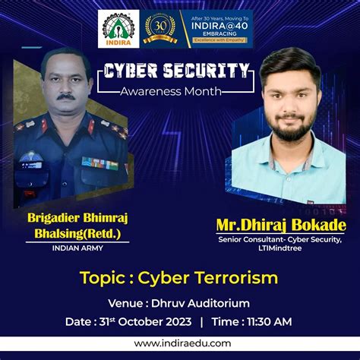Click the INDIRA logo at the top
point(119,27)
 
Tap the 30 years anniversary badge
point(160,27)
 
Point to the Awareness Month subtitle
point(174,92)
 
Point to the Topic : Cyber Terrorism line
point(179,278)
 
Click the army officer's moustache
point(66,97)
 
